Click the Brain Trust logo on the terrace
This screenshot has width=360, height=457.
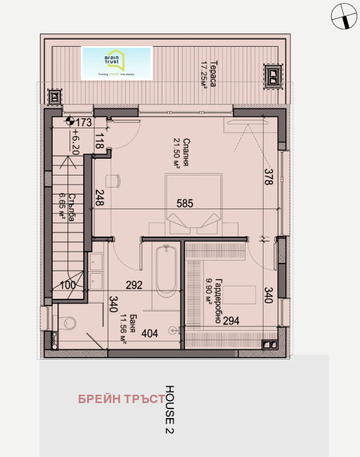(117, 63)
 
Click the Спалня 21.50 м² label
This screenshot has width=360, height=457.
(177, 154)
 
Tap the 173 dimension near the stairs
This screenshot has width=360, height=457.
(83, 123)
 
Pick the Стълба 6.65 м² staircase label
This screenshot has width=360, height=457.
(67, 207)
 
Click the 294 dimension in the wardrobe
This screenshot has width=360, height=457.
(232, 321)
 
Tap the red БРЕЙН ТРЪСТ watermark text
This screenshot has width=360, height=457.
(120, 399)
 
